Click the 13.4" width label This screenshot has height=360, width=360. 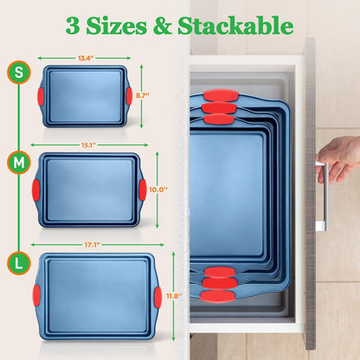click(x=84, y=59)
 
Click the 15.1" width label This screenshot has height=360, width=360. click(x=87, y=145)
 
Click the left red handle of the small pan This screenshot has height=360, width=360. click(x=39, y=94)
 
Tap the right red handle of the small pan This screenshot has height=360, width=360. click(x=128, y=94)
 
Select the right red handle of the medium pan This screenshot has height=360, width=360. click(x=141, y=189)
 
